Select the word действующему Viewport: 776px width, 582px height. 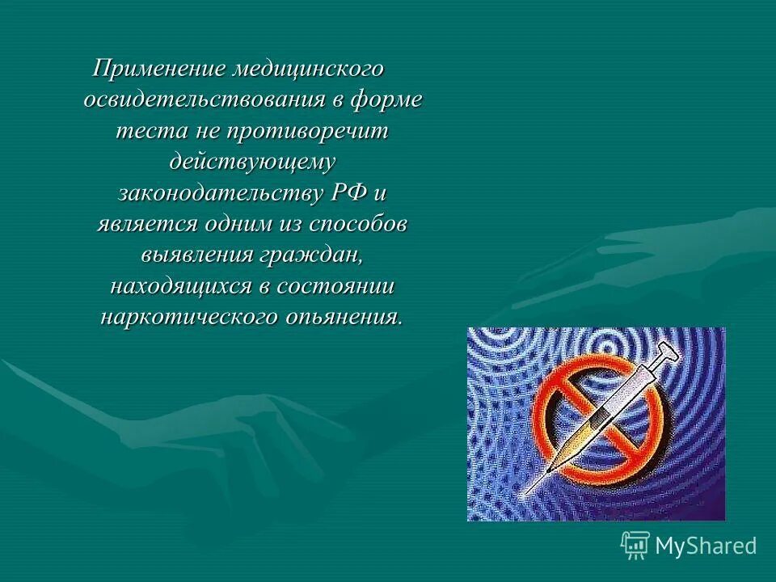(251, 162)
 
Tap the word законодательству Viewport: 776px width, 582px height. (221, 193)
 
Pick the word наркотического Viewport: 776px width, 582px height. (188, 316)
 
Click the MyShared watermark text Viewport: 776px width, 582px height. (705, 545)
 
